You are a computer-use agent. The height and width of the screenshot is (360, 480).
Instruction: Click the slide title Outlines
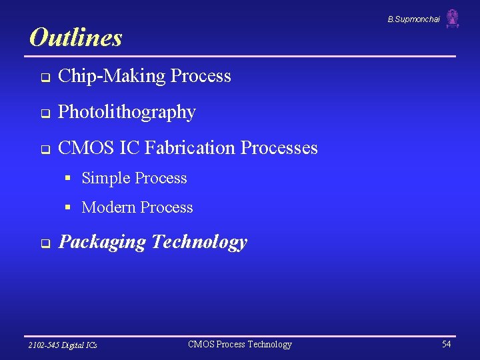pos(76,37)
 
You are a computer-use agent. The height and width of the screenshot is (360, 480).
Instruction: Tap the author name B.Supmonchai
pos(413,19)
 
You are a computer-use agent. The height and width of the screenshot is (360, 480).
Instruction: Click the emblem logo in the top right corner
pos(453,19)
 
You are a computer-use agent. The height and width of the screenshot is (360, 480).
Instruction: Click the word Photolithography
pos(127,112)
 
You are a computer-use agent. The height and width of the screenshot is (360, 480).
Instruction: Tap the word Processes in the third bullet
pos(279,147)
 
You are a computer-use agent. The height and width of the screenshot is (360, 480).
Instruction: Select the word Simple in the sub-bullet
pos(106,178)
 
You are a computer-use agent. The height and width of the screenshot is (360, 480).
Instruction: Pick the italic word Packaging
pos(102,242)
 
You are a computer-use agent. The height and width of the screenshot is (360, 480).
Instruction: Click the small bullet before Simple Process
pos(68,178)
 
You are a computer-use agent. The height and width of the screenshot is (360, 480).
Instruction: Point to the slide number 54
pos(446,344)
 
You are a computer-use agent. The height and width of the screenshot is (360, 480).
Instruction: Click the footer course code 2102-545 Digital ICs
pos(63,345)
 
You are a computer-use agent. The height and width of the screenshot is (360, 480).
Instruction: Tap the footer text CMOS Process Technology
pos(240,344)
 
